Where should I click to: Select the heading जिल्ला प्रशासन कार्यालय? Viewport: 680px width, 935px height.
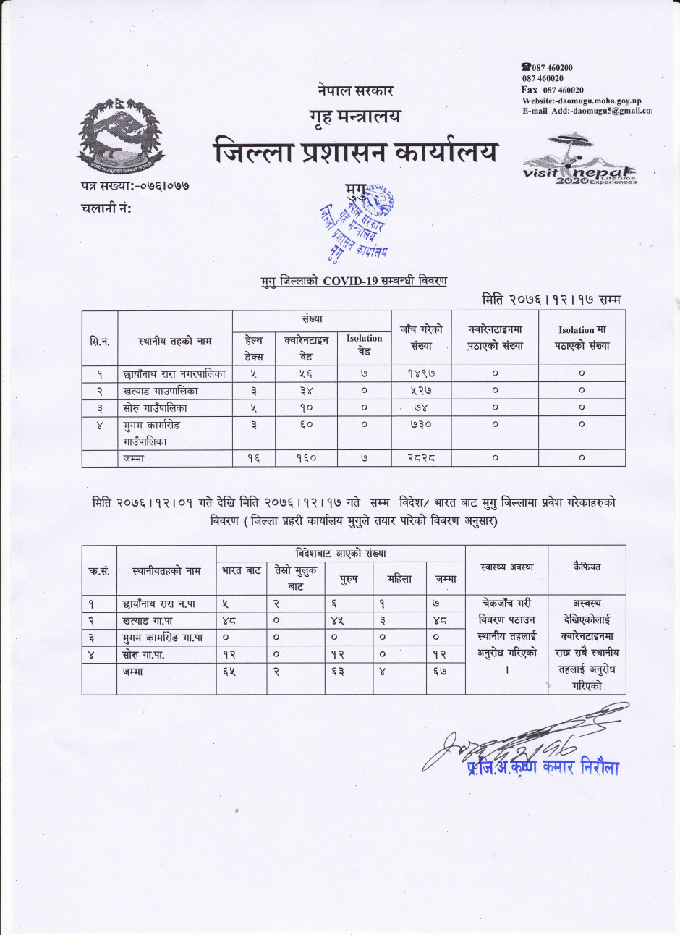tap(356, 153)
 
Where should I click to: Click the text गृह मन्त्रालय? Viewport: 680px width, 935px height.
tap(354, 116)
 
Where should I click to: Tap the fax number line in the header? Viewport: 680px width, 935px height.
tap(553, 90)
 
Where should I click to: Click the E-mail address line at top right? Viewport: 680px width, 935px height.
tap(586, 111)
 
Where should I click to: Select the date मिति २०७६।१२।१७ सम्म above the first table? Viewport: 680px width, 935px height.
tap(551, 299)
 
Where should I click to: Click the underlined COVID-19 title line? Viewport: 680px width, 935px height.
tap(354, 281)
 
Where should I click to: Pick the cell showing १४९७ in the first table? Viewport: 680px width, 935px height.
tap(420, 374)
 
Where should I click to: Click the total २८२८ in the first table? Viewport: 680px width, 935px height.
tap(420, 458)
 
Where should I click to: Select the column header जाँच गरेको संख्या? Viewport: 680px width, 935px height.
tap(420, 337)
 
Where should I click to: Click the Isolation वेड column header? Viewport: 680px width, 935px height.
tap(364, 344)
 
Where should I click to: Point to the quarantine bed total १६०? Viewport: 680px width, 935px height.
tap(306, 458)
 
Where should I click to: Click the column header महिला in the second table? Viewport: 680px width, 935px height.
tap(399, 579)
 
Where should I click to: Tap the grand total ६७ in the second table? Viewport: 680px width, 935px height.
tap(446, 671)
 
